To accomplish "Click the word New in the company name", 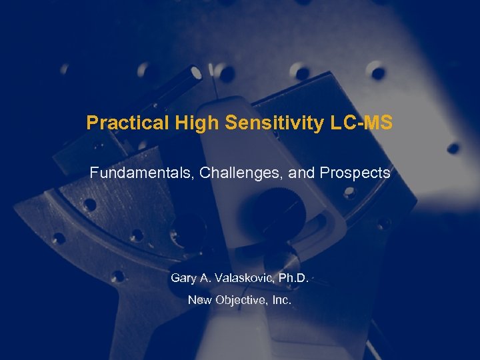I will click(199, 300).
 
